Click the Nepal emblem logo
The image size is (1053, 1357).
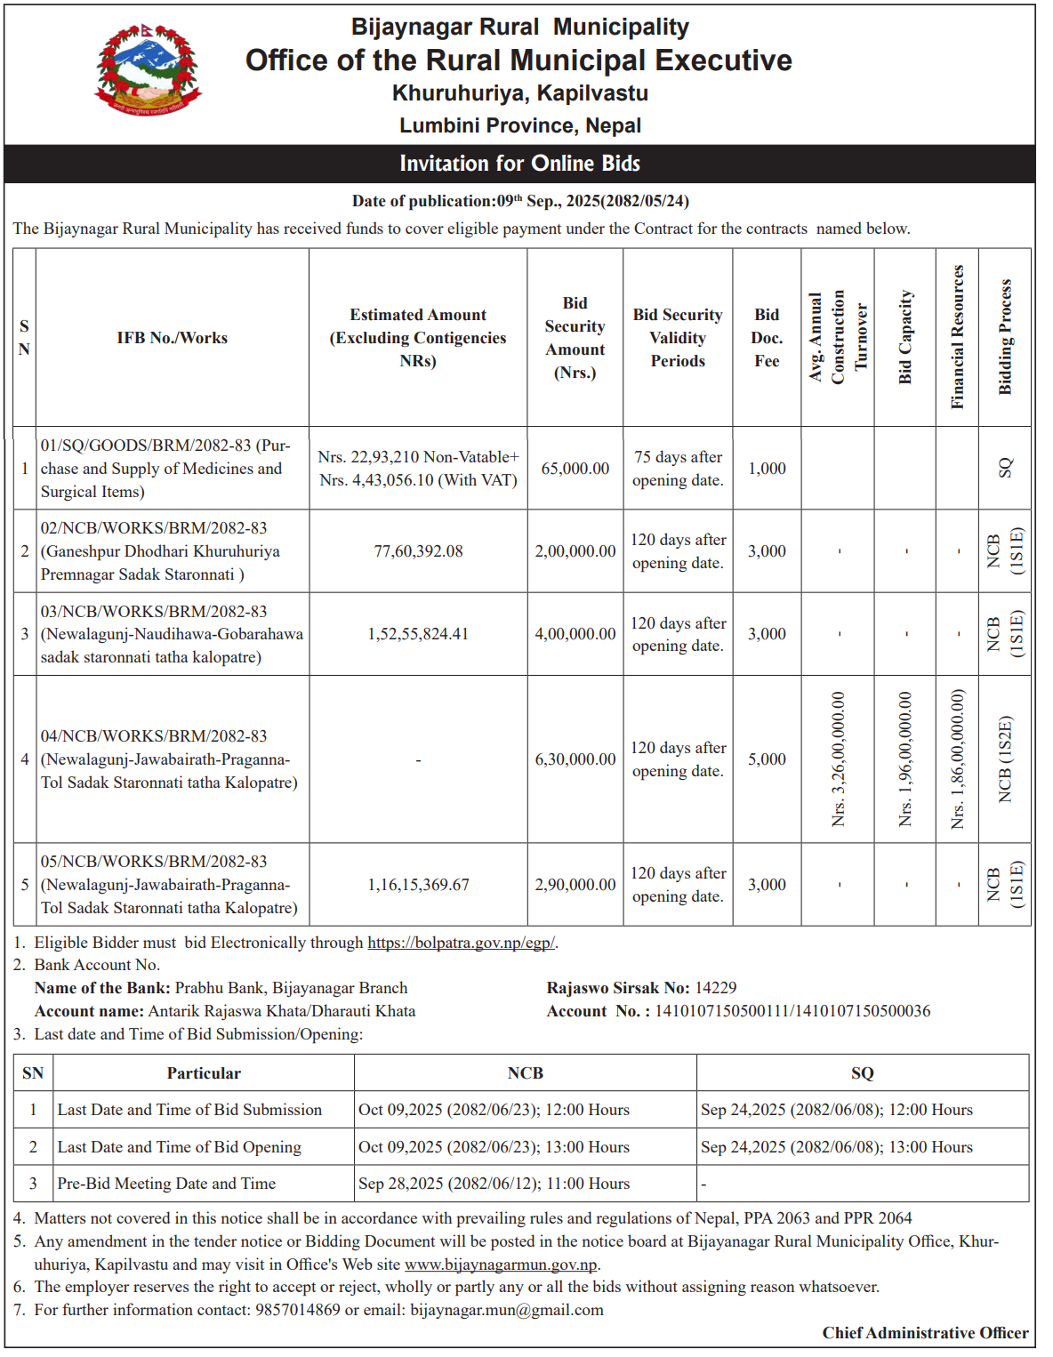[x=149, y=70]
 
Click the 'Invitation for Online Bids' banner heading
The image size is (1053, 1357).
[x=519, y=164]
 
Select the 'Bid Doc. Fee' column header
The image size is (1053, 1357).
[x=767, y=338]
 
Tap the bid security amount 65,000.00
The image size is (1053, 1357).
[x=575, y=469]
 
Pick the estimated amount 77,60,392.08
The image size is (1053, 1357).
[x=418, y=551]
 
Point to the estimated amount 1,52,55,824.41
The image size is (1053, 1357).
[x=418, y=634]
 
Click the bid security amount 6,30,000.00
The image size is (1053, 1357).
[x=575, y=759]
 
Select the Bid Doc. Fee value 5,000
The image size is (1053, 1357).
[x=767, y=759]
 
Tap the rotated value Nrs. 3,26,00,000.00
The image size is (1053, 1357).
[x=839, y=759]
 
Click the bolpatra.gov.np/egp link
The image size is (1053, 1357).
[x=461, y=943]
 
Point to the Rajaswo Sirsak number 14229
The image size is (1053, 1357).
[x=715, y=988]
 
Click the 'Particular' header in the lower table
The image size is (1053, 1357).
[x=204, y=1073]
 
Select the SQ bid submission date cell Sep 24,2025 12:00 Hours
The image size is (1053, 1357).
[x=836, y=1110]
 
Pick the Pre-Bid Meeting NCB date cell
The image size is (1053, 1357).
[x=494, y=1184]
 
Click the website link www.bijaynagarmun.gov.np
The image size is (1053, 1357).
[x=501, y=1265]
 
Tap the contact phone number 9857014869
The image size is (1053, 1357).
[x=298, y=1310]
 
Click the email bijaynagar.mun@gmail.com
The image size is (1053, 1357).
[x=506, y=1310]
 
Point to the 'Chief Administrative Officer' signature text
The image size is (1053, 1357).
[x=925, y=1333]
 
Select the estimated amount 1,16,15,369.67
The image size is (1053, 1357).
[x=418, y=885]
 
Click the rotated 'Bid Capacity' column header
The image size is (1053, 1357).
[x=905, y=337]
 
